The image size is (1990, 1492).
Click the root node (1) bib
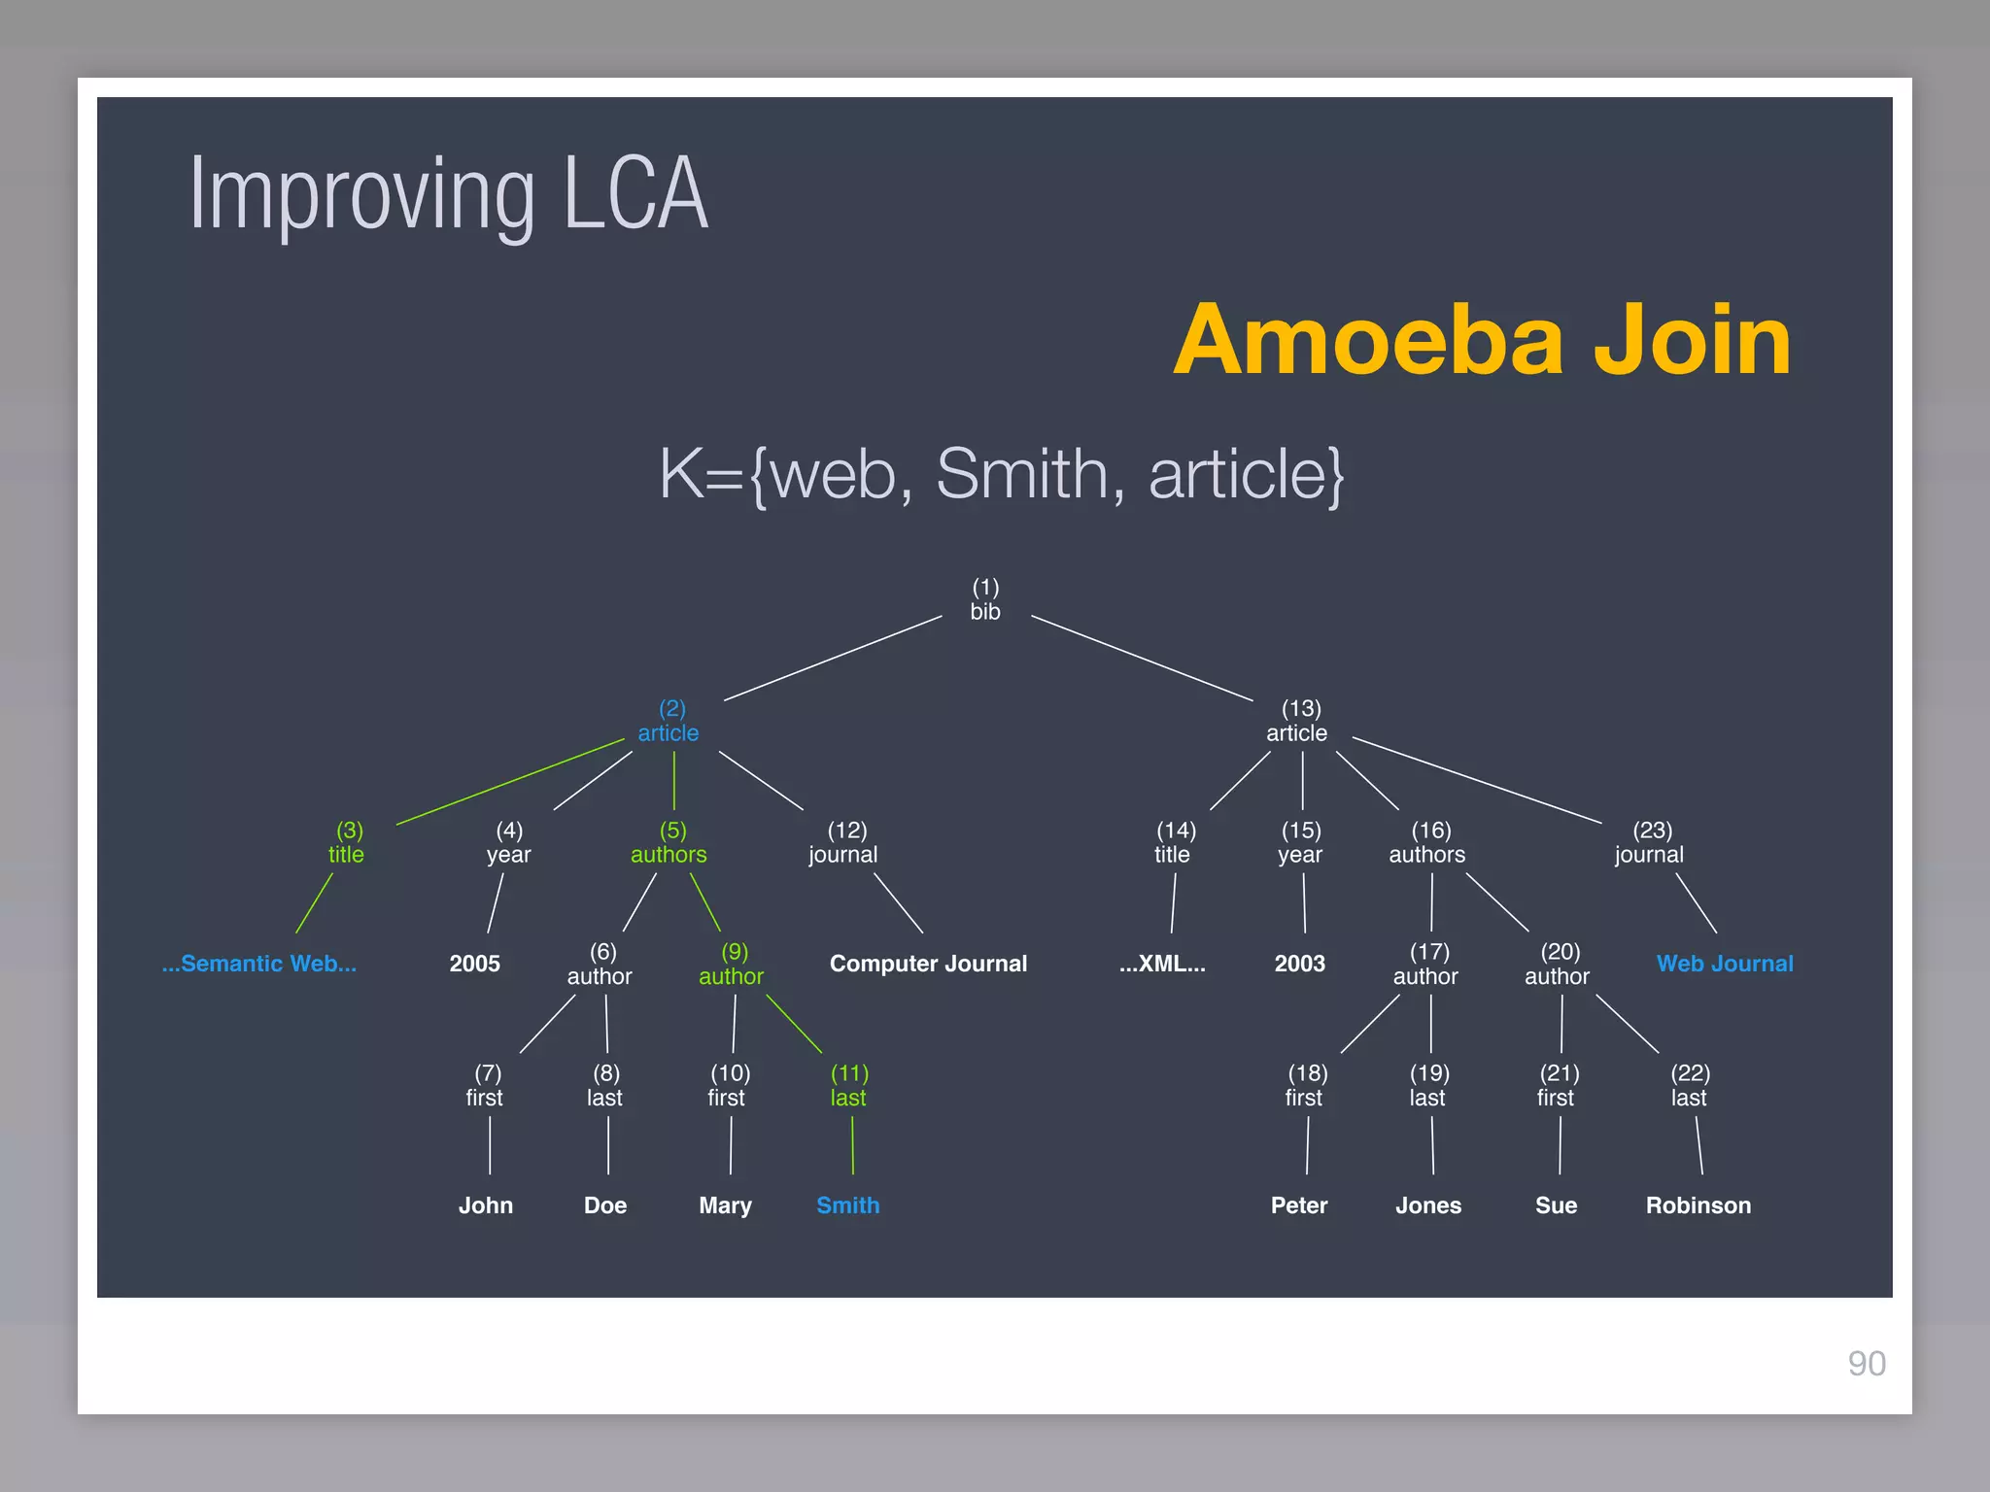[x=985, y=600]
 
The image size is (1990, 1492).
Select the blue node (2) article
[x=669, y=722]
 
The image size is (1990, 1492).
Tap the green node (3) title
[x=347, y=843]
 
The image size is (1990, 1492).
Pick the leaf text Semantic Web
[x=259, y=964]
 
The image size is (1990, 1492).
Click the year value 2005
[x=474, y=964]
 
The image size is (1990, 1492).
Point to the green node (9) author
[x=732, y=965]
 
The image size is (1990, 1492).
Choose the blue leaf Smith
[x=847, y=1205]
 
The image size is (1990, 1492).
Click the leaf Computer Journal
[x=928, y=964]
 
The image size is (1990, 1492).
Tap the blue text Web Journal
[x=1725, y=964]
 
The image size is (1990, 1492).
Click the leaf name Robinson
[x=1698, y=1205]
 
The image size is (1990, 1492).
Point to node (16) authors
[x=1427, y=843]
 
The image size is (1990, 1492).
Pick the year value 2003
[x=1299, y=964]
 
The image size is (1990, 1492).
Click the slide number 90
[x=1867, y=1364]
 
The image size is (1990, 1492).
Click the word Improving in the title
[x=361, y=194]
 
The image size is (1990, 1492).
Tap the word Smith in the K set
[x=1021, y=474]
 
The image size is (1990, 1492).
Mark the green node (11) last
[x=848, y=1086]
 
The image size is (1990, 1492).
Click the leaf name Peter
[x=1299, y=1205]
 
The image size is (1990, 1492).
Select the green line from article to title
[x=510, y=782]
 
